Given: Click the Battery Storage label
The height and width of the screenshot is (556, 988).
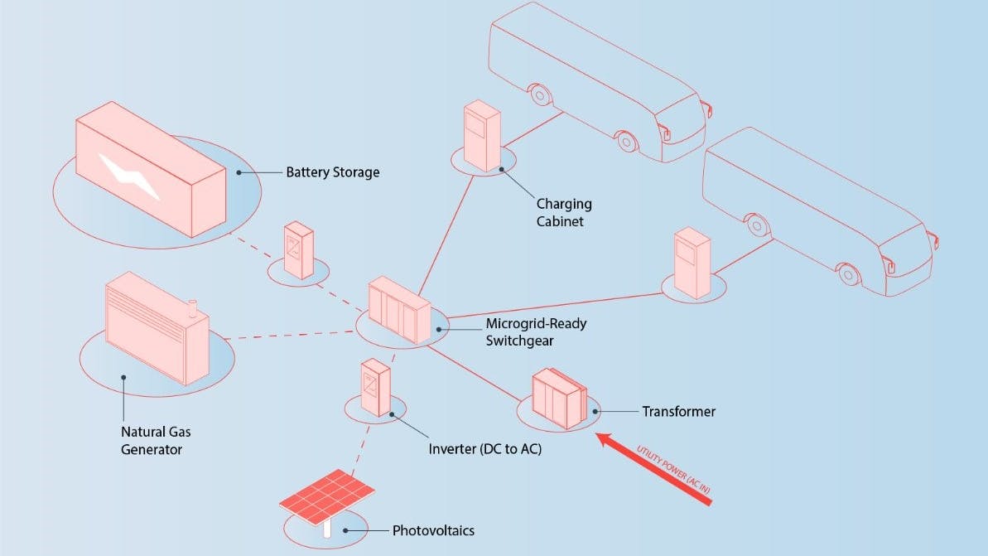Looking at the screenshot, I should coord(332,172).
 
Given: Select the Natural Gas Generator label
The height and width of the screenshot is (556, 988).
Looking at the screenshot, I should coord(157,441).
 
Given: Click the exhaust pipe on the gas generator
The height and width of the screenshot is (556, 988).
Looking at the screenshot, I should coord(192,308).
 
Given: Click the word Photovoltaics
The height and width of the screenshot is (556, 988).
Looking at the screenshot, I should coord(433,530).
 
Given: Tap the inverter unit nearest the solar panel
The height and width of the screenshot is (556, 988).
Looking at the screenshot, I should coord(375,388).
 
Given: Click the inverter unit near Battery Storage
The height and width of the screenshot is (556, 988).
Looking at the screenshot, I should coord(297,249).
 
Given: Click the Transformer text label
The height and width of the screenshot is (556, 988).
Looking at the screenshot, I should coord(678,411).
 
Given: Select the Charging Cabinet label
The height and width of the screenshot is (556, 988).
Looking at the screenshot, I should coord(563,212).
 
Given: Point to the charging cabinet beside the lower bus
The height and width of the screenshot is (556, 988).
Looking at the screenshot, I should coord(692,263).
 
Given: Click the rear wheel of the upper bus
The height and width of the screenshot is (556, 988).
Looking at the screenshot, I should coord(541,95).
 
